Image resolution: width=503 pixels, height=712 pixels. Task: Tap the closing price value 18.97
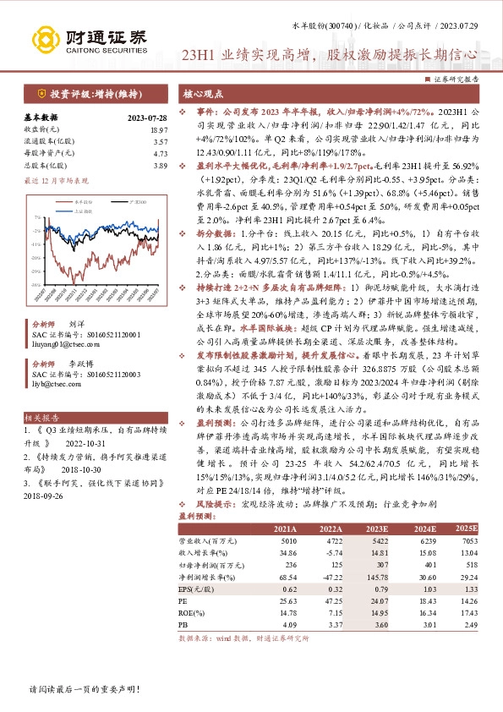[158, 129]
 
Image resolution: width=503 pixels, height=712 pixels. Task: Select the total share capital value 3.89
[160, 167]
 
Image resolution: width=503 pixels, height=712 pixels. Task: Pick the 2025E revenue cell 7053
[467, 540]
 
